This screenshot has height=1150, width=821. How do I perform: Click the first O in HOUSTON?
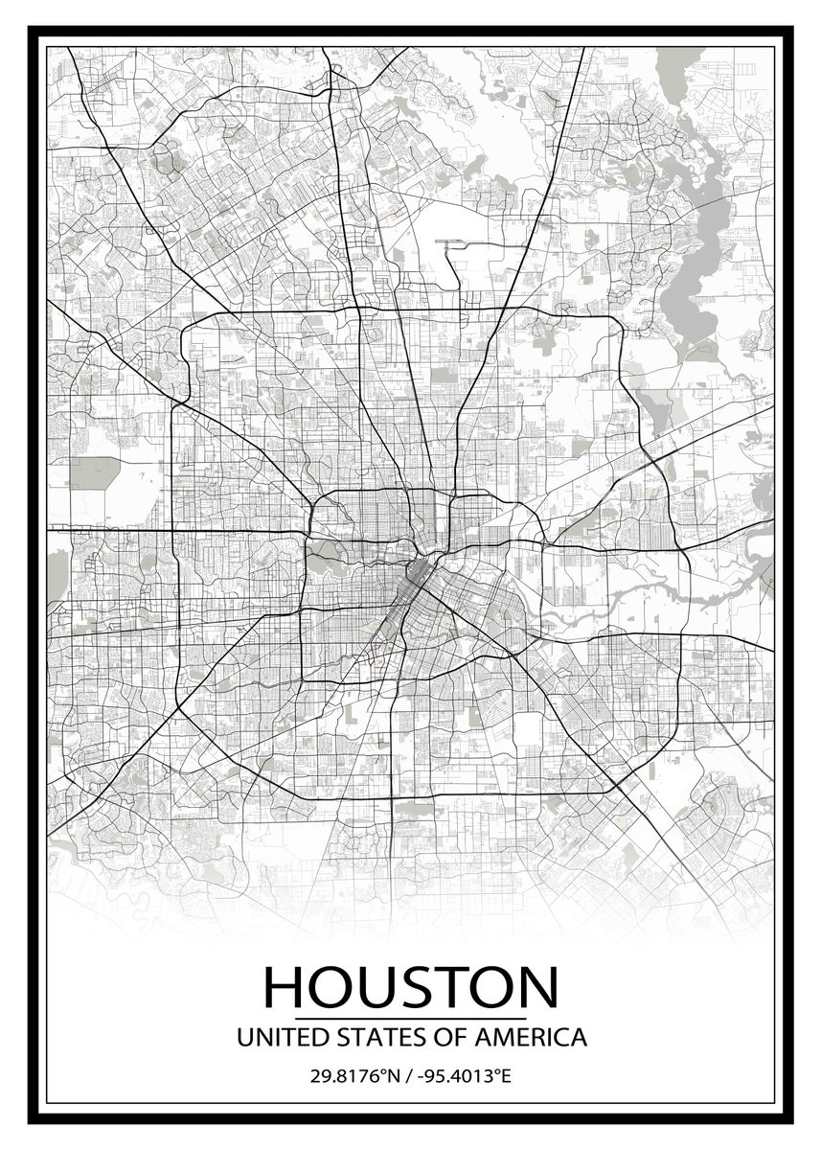(331, 987)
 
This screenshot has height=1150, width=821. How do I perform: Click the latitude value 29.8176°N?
(353, 1076)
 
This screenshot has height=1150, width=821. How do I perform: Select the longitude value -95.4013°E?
(461, 1076)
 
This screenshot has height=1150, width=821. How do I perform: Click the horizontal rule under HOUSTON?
(410, 1019)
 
